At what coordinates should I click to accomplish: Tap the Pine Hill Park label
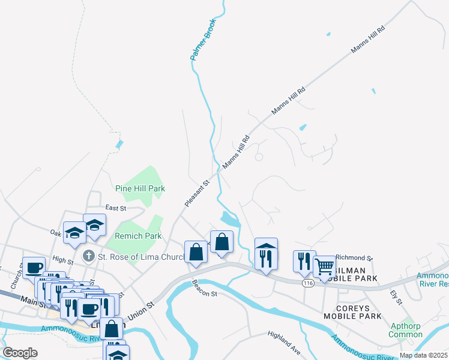(140, 188)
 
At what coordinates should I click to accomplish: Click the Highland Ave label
(283, 341)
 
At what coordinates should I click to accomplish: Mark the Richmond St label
(354, 257)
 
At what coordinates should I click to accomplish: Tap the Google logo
(20, 353)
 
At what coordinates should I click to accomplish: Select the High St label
(62, 260)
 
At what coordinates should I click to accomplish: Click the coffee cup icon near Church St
(34, 268)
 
